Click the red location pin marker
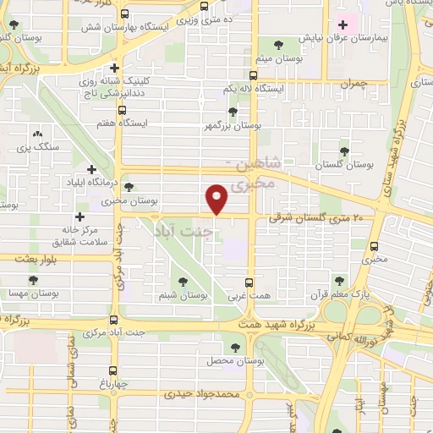pos(217,199)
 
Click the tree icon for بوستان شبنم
pos(183,282)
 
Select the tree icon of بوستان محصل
pos(234,346)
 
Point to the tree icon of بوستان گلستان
pos(343,150)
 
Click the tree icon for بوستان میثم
pos(278,43)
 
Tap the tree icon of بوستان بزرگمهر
pos(233,111)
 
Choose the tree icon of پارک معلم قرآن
pos(339,281)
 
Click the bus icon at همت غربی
pos(249,282)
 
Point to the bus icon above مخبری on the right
pos(375,246)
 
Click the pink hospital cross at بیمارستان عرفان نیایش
pos(342,25)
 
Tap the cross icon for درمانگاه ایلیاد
pos(91,169)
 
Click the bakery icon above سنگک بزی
pos(36,134)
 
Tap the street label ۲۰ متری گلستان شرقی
pos(321,217)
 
